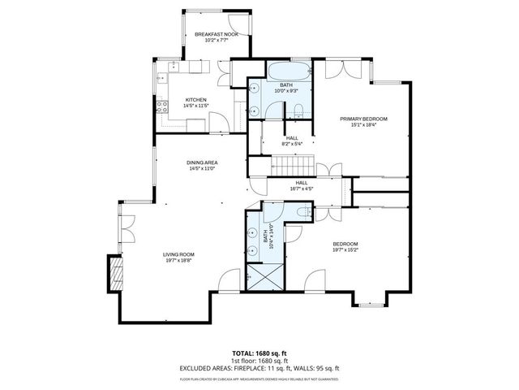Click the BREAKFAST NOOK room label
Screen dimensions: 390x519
[215, 34]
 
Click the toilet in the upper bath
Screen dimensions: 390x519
[298, 110]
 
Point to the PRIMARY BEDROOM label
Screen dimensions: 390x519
[363, 119]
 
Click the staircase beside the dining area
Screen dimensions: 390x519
[279, 168]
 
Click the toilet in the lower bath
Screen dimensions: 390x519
[302, 213]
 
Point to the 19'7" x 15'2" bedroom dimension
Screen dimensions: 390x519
[345, 250]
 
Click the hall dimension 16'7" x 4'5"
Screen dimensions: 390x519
[302, 188]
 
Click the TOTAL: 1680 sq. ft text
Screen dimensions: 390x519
[259, 353]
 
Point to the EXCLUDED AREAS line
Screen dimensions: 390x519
[259, 367]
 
